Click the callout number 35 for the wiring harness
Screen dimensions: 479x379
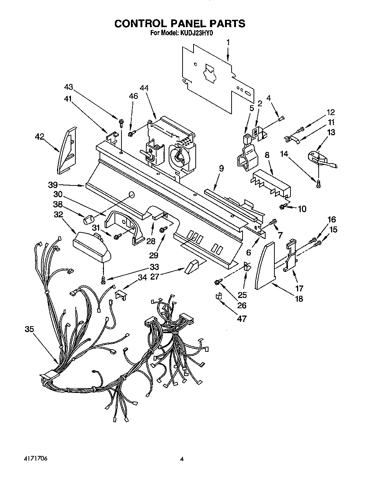coord(30,329)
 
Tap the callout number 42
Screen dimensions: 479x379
coord(39,137)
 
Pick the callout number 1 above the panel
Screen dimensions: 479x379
coord(228,43)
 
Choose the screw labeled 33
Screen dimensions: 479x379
coord(103,280)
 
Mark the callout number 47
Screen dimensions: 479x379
coord(242,318)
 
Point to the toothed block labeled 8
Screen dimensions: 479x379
coord(271,182)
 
